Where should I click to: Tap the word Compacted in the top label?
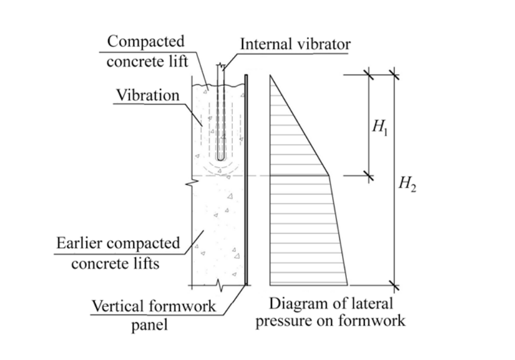pyautogui.click(x=145, y=41)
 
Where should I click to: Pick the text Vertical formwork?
pyautogui.click(x=154, y=306)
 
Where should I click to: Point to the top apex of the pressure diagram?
pyautogui.click(x=270, y=75)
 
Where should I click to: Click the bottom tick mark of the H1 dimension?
pyautogui.click(x=368, y=175)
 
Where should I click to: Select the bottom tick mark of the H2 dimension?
pyautogui.click(x=395, y=286)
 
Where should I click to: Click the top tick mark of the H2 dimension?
pyautogui.click(x=395, y=74)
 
